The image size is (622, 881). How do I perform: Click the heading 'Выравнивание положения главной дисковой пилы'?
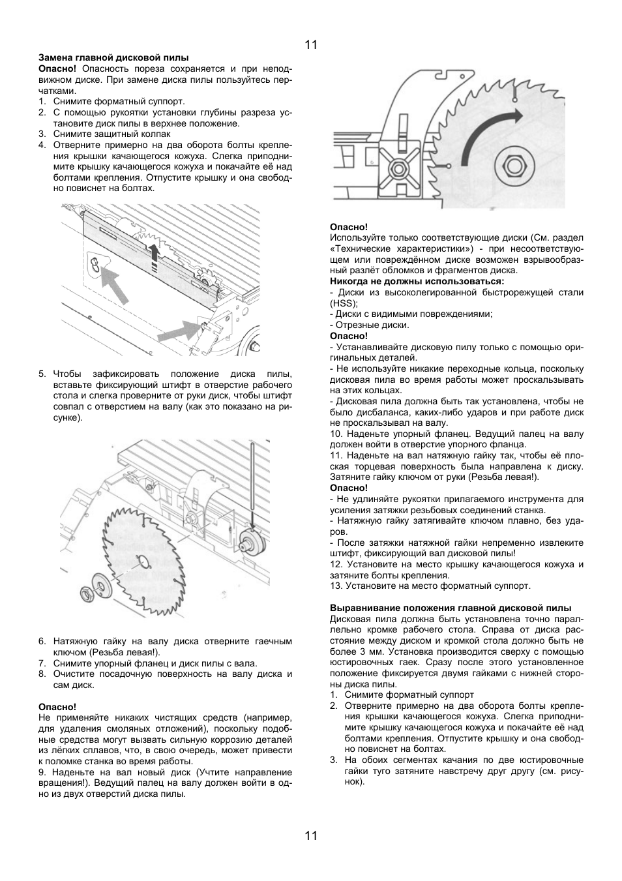coord(451,608)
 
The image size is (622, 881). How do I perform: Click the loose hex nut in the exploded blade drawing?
coord(85,593)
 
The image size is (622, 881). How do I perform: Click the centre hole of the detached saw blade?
coord(142,560)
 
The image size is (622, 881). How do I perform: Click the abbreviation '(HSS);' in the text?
coord(344,303)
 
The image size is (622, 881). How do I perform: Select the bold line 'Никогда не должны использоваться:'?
coord(417,281)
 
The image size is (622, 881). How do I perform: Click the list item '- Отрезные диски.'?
coord(370,325)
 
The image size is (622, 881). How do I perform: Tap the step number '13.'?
coord(336,586)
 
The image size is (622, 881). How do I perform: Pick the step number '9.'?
coord(42,772)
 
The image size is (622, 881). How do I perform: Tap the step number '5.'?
coord(42,374)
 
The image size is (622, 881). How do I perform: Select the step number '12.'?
coord(336,564)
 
